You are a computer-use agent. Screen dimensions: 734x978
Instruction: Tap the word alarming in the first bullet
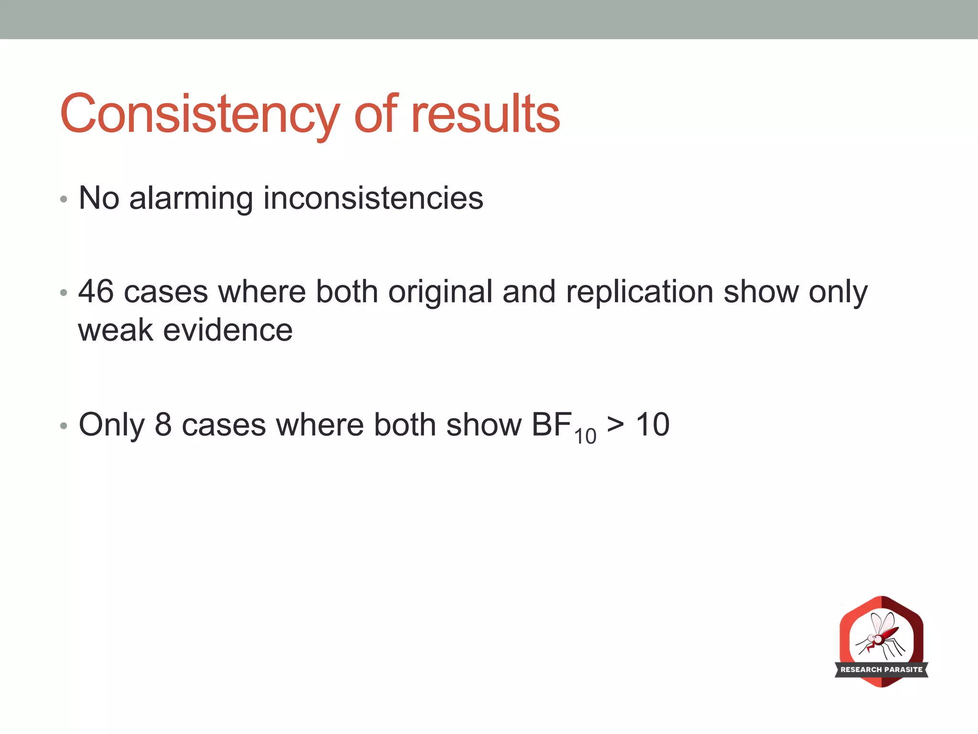[191, 198]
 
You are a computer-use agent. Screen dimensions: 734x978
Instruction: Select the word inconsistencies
[373, 198]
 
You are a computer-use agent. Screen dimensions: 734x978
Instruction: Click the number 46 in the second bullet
[96, 291]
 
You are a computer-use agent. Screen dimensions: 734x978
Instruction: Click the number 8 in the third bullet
[163, 424]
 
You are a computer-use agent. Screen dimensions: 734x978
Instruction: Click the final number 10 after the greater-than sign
[652, 424]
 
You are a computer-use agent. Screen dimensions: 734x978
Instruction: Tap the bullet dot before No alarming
[64, 199]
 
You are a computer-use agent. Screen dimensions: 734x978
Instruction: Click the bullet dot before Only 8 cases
[64, 425]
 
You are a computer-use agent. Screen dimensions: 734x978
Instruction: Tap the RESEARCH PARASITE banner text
[882, 669]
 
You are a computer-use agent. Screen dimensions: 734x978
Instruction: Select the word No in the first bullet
[98, 198]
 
